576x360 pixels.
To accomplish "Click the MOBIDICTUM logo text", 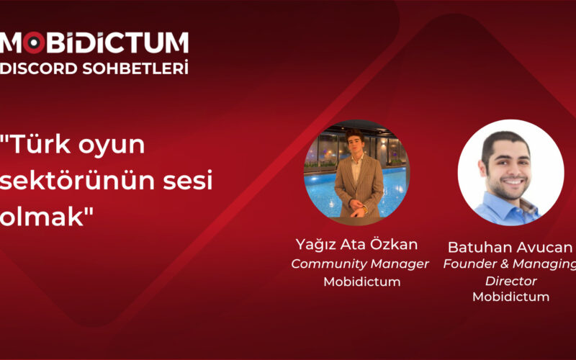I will coord(94,42).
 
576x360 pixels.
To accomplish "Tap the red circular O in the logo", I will coord(32,43).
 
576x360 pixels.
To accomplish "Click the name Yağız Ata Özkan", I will coord(356,243).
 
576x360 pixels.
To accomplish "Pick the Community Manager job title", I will coord(360,264).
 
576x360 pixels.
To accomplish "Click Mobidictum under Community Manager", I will coord(361,282).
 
